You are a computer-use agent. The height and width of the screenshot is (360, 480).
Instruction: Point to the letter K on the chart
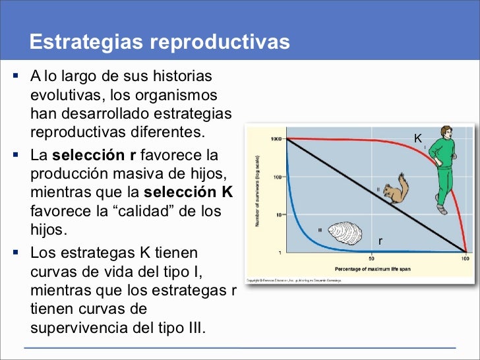[417, 138]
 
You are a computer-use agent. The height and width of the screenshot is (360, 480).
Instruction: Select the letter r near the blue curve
[380, 241]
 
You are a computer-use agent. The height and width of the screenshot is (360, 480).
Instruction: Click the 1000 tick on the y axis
[275, 139]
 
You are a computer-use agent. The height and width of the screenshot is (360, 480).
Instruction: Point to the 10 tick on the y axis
[278, 214]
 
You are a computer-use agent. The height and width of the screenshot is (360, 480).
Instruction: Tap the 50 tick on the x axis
[371, 258]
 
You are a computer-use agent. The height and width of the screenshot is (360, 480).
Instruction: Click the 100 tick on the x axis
[465, 258]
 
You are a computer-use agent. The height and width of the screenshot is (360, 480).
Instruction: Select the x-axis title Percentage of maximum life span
[373, 269]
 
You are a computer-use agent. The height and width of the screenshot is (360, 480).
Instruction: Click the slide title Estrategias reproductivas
[160, 42]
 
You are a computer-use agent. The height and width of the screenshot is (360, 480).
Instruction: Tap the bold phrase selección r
[94, 157]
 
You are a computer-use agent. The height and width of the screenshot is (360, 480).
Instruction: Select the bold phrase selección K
[188, 193]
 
